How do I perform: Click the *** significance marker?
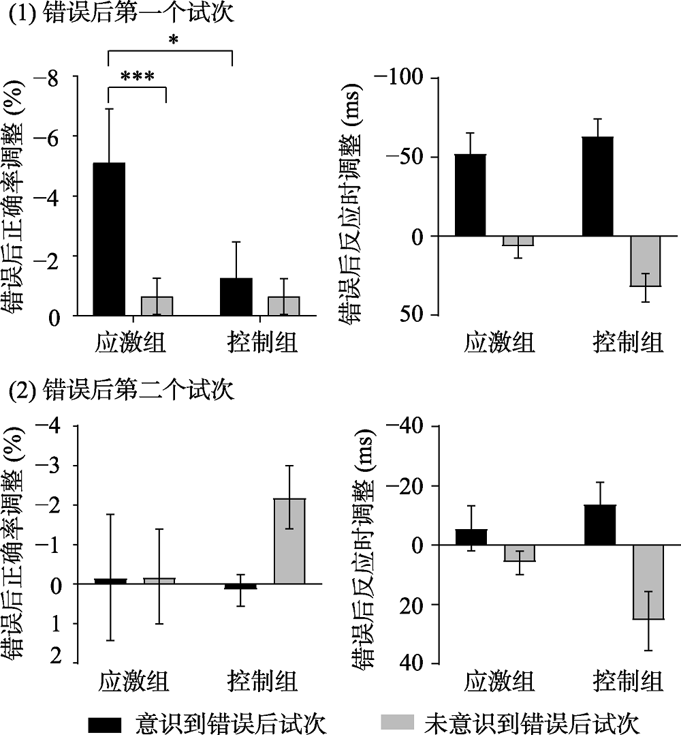point(137,76)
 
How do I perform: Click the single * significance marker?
point(173,41)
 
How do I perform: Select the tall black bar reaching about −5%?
point(109,239)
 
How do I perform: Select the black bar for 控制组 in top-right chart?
point(598,186)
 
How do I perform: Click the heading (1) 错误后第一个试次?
point(120,13)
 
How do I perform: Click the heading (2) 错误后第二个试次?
point(120,391)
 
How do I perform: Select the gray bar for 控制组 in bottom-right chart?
point(647,582)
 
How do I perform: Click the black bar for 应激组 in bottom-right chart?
point(471,537)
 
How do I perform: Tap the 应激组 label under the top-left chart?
point(129,342)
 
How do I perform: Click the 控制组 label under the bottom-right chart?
point(627,681)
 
